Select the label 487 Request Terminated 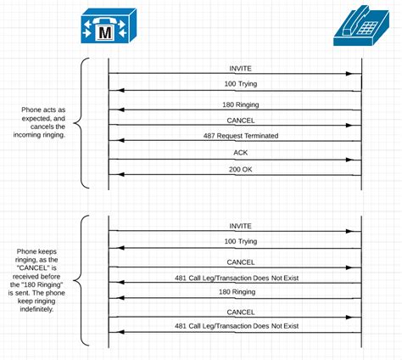pos(236,137)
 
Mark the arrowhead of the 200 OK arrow pos(114,174)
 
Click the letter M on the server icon pos(106,31)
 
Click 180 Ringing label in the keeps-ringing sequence pos(236,293)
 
